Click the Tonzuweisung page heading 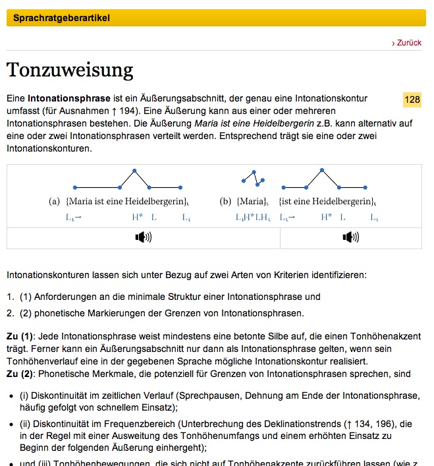pyautogui.click(x=70, y=70)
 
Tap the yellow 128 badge pyautogui.click(x=412, y=100)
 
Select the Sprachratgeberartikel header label pyautogui.click(x=61, y=18)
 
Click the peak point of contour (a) pyautogui.click(x=135, y=171)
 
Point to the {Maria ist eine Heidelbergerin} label pyautogui.click(x=128, y=201)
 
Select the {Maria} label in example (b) pyautogui.click(x=253, y=201)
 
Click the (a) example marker pyautogui.click(x=55, y=201)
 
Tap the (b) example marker pyautogui.click(x=226, y=201)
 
